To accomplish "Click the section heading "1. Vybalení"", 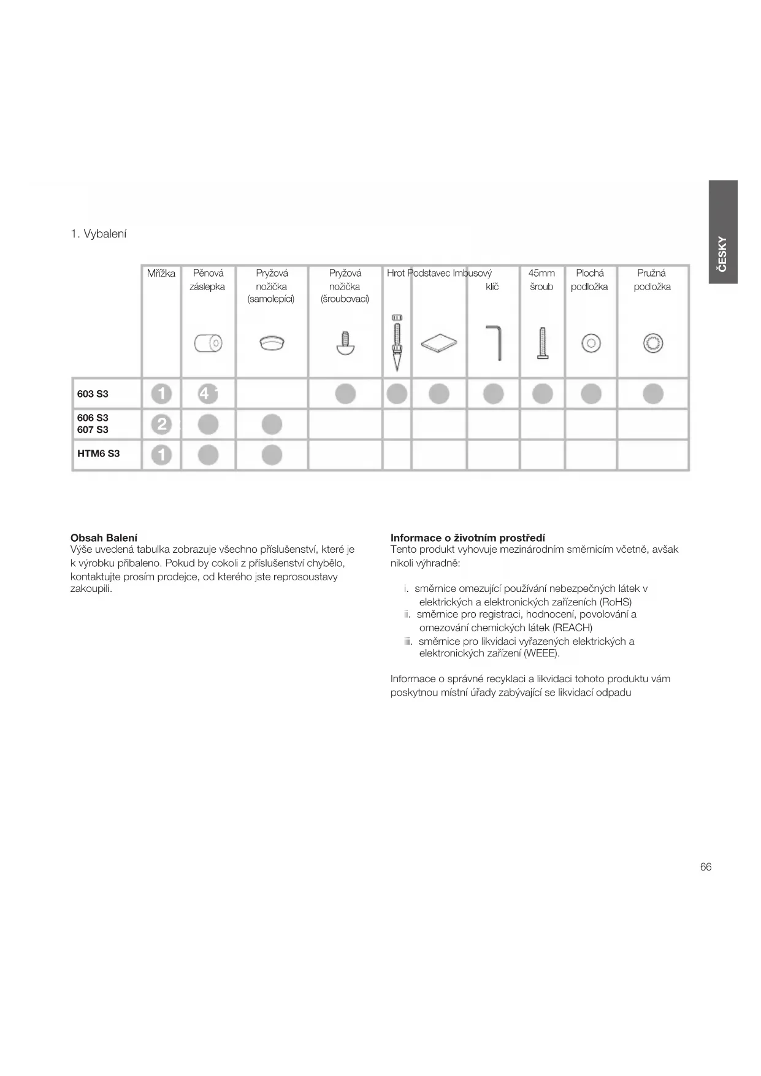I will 99,234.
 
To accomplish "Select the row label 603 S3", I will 93,394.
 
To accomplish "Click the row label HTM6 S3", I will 98,454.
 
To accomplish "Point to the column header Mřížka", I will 161,274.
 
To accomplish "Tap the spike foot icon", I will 397,342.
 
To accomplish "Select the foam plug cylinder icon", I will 208,343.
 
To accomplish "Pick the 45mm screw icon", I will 542,343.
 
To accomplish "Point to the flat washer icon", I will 591,344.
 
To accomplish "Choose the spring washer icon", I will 653,343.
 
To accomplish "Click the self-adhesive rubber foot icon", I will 272,342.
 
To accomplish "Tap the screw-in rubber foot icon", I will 345,344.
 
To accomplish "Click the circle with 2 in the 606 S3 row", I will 161,424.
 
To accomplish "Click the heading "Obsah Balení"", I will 104,538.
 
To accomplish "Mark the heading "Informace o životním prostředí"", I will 468,538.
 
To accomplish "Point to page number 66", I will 706,867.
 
